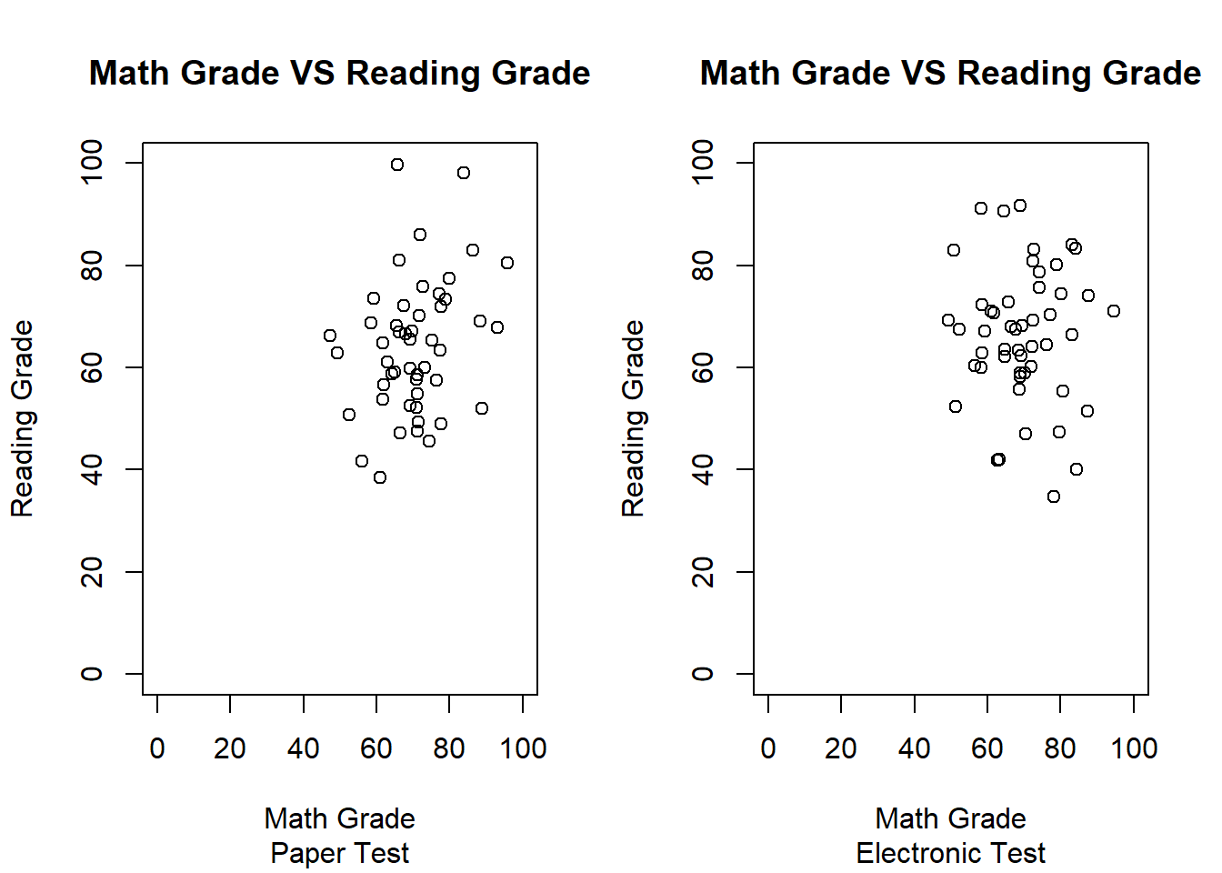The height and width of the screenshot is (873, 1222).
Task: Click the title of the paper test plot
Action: (x=339, y=73)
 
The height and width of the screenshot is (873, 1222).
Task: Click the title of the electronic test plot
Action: (x=950, y=73)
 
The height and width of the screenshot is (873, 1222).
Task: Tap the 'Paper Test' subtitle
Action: (x=339, y=853)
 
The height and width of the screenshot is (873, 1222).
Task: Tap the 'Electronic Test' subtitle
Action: (x=950, y=853)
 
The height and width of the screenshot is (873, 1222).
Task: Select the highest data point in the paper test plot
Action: (x=397, y=165)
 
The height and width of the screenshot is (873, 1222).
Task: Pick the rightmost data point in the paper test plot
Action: (x=507, y=263)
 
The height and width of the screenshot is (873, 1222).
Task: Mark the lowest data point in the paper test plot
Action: (x=380, y=477)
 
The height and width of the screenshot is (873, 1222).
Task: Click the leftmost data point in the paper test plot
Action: (x=330, y=336)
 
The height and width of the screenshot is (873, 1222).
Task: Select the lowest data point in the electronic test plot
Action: (x=1054, y=497)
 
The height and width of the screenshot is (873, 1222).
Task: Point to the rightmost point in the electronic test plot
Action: (x=1114, y=311)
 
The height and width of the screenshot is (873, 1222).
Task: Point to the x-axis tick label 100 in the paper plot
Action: (x=523, y=748)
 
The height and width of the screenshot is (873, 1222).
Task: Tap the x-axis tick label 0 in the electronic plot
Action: (x=768, y=748)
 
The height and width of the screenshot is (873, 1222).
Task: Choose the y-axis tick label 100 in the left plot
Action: (x=92, y=163)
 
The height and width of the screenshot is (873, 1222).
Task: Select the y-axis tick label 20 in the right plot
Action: (x=703, y=572)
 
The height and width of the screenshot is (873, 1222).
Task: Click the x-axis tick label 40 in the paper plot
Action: (x=304, y=748)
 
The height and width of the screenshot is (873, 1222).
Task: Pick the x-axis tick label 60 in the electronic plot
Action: (x=987, y=748)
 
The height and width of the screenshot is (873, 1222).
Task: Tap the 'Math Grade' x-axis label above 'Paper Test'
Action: (x=339, y=818)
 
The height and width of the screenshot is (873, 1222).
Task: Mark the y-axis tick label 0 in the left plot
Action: (x=92, y=674)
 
